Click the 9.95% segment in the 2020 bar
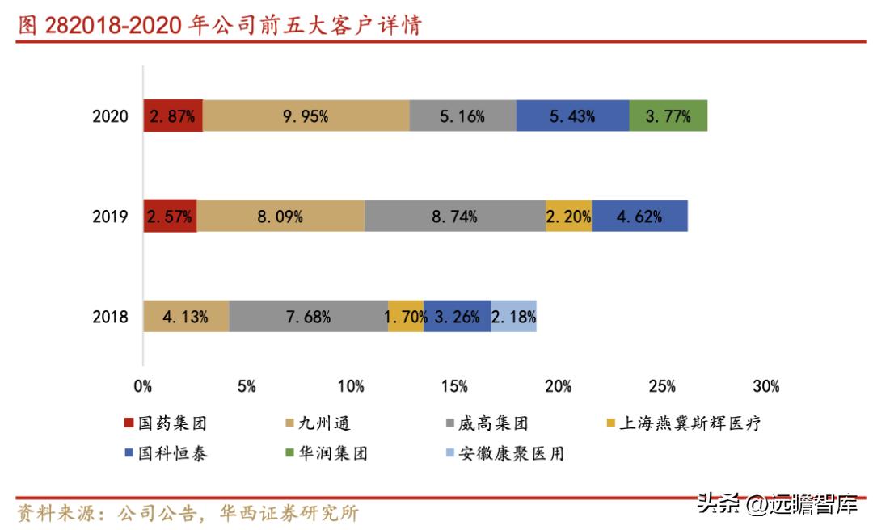coord(306,116)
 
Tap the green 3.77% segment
coord(668,116)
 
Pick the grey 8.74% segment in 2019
coord(454,217)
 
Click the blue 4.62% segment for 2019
coord(639,217)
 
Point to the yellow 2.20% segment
coord(568,217)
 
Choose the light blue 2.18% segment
coord(513,317)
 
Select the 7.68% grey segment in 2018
coord(308,317)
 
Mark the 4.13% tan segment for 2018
coord(186,317)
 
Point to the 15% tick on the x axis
coord(454,386)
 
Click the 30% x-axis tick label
coord(765,386)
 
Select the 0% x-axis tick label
coord(143,386)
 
